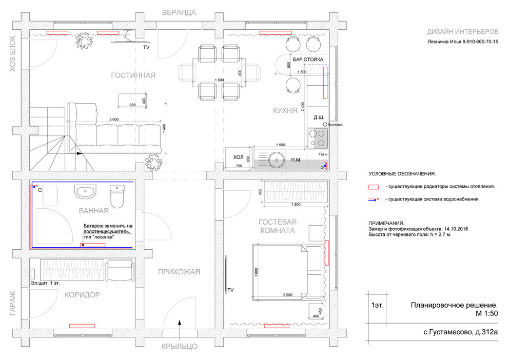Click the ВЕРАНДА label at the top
[179, 13]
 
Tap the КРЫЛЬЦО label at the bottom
[180, 346]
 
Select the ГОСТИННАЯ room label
[133, 75]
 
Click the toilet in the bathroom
[117, 196]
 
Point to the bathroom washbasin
[85, 191]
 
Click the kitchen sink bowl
[276, 159]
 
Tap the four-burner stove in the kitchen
[318, 138]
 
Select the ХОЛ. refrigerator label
[239, 157]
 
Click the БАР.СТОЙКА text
[308, 59]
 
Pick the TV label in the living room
[146, 47]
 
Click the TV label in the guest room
[230, 290]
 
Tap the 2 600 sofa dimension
[114, 119]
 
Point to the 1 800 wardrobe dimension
[296, 205]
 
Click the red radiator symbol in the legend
[374, 187]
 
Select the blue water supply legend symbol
[374, 199]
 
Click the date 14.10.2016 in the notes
[456, 229]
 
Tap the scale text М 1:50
[486, 313]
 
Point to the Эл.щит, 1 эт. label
[45, 283]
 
